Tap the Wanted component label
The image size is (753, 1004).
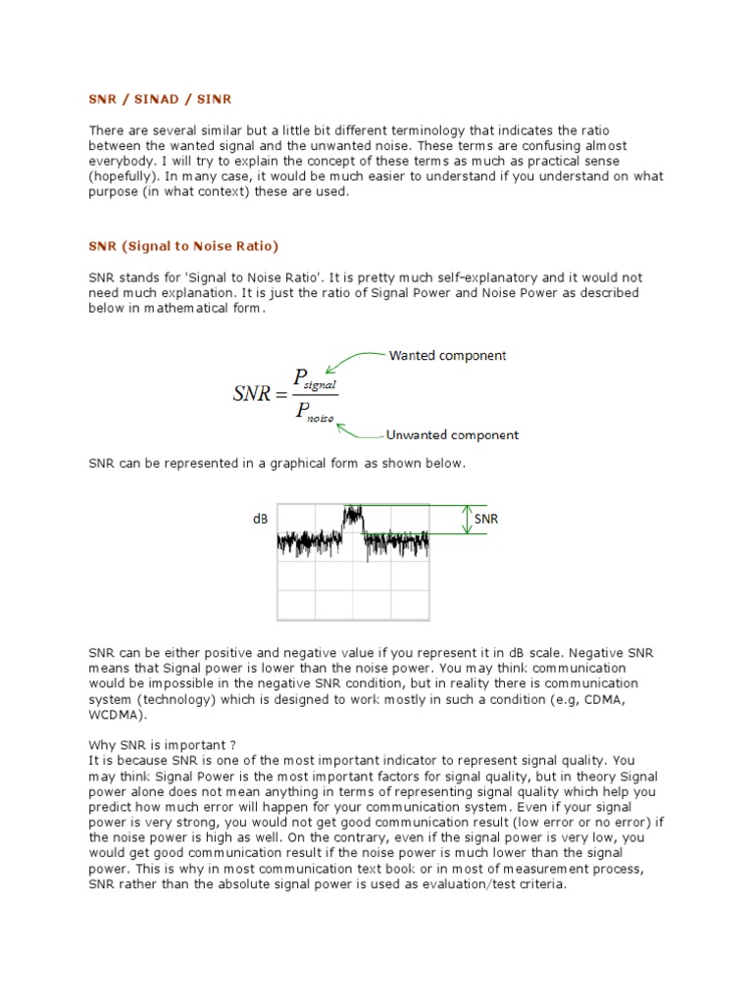(x=447, y=355)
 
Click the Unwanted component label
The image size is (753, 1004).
(x=452, y=434)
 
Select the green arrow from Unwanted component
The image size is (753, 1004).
(x=359, y=427)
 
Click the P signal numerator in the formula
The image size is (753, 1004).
(x=315, y=378)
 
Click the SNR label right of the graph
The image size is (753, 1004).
(x=486, y=519)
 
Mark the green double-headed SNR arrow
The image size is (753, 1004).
(x=468, y=520)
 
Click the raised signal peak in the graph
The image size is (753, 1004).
(x=352, y=514)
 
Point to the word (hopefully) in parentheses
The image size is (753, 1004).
(x=124, y=176)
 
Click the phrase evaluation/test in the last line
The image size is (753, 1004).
(x=428, y=884)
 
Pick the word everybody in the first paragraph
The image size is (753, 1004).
(x=121, y=161)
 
